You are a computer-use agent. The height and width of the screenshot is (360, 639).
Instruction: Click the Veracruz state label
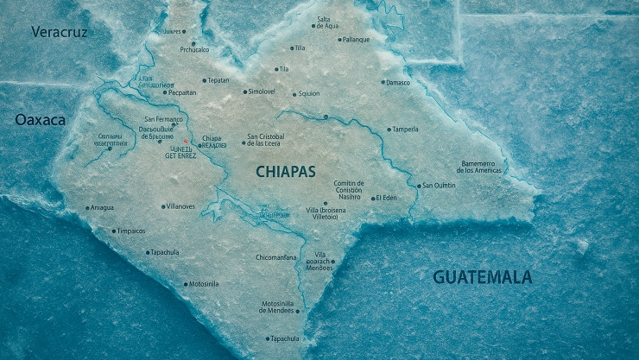point(60,32)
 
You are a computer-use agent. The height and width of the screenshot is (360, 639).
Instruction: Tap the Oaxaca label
point(40,121)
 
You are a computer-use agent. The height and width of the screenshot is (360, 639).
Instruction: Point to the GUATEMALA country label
point(482,277)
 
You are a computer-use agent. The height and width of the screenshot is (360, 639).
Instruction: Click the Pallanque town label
point(355,40)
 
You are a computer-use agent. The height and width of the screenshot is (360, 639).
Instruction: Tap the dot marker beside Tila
point(277,69)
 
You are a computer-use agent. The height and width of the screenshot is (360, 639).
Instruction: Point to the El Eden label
point(386,199)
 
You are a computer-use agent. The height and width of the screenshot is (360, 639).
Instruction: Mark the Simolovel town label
point(261,92)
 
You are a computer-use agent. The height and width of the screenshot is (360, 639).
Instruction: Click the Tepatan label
point(218,80)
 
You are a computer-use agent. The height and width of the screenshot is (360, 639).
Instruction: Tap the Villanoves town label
point(180,206)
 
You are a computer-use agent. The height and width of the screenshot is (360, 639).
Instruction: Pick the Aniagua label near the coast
point(102,207)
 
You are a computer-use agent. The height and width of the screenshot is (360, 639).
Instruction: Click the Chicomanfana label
point(276,257)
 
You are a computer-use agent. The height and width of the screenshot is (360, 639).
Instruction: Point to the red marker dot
point(185,140)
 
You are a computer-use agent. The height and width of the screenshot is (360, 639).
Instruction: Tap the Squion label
point(309,94)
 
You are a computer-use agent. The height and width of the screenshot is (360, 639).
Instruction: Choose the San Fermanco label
point(164,118)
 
